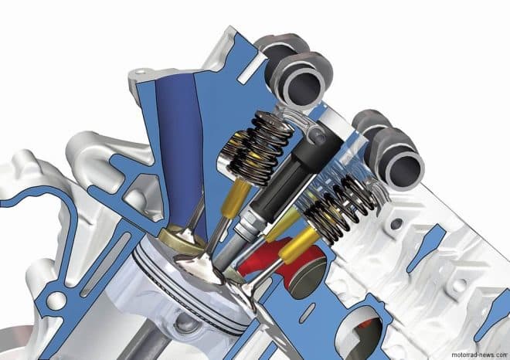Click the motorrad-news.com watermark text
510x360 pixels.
click(479, 355)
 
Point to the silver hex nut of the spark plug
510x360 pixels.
click(248, 224)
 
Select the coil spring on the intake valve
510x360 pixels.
click(257, 146)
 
